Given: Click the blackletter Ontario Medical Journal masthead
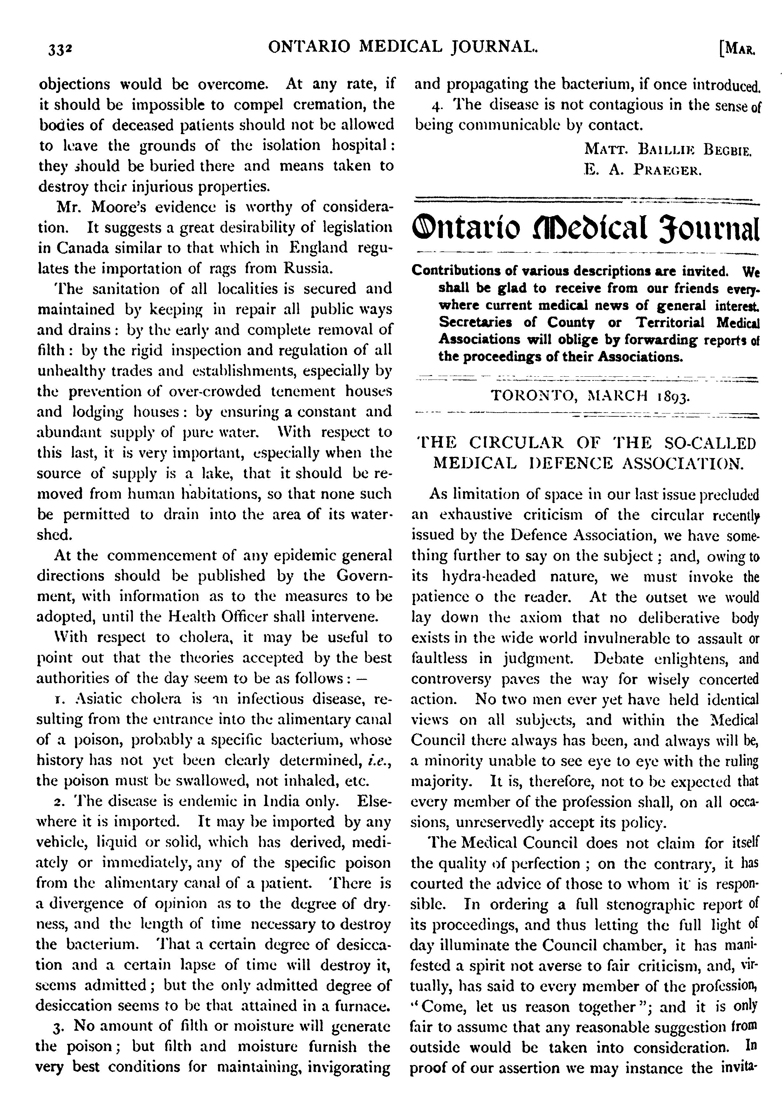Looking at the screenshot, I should pyautogui.click(x=585, y=228).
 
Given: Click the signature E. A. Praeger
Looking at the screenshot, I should pyautogui.click(x=642, y=170).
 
